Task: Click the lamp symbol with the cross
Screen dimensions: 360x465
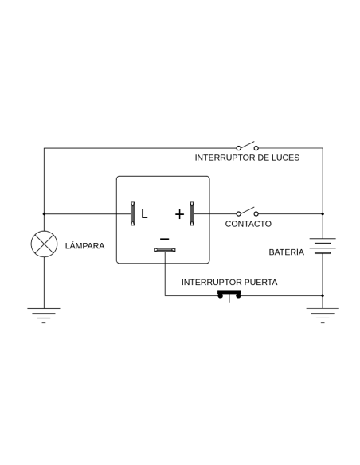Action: pyautogui.click(x=44, y=244)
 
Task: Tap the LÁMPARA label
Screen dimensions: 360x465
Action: pyautogui.click(x=84, y=246)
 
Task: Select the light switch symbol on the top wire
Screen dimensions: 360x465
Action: pyautogui.click(x=248, y=147)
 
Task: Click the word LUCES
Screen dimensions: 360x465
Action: pyautogui.click(x=286, y=158)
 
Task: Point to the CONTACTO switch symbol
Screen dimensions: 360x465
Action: pyautogui.click(x=248, y=212)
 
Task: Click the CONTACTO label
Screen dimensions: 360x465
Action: pyautogui.click(x=248, y=224)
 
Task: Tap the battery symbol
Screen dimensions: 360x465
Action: pyautogui.click(x=323, y=246)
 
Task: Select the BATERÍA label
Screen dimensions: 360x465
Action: pyautogui.click(x=287, y=252)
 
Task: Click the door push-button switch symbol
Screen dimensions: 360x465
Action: pyautogui.click(x=229, y=295)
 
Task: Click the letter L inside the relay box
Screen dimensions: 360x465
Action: pyautogui.click(x=144, y=214)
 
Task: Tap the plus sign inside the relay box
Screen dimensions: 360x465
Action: pyautogui.click(x=179, y=214)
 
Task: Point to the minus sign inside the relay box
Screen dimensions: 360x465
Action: pyautogui.click(x=165, y=239)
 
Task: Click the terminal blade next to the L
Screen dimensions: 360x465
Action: pyautogui.click(x=132, y=213)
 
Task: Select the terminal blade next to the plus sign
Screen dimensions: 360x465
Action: pyautogui.click(x=192, y=213)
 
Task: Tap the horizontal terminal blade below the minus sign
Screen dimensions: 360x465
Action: pyautogui.click(x=165, y=250)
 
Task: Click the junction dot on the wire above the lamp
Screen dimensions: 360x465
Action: pyautogui.click(x=44, y=214)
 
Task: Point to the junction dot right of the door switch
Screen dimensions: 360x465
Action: pyautogui.click(x=323, y=295)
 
